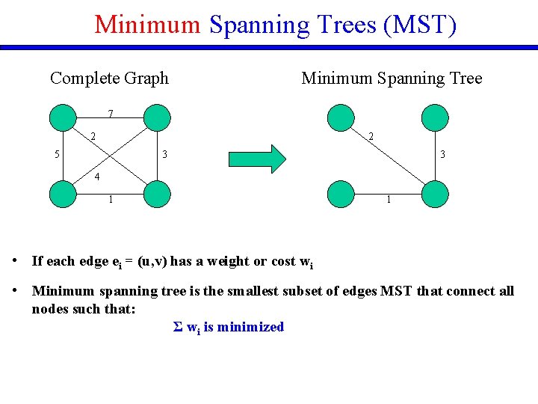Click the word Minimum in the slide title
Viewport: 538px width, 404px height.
click(x=147, y=25)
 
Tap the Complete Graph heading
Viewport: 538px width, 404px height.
click(x=109, y=78)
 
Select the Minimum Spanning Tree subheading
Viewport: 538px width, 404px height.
click(x=392, y=78)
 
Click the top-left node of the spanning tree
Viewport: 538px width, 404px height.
click(x=341, y=117)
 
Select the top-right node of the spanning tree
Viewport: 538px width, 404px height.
click(x=435, y=117)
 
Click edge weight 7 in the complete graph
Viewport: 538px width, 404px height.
click(x=111, y=114)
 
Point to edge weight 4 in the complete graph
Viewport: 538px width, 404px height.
click(x=96, y=178)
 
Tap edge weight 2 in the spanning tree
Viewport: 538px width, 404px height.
click(x=371, y=136)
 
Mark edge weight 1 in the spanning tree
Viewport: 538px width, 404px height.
click(x=389, y=200)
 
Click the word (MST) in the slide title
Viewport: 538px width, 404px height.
click(x=418, y=25)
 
